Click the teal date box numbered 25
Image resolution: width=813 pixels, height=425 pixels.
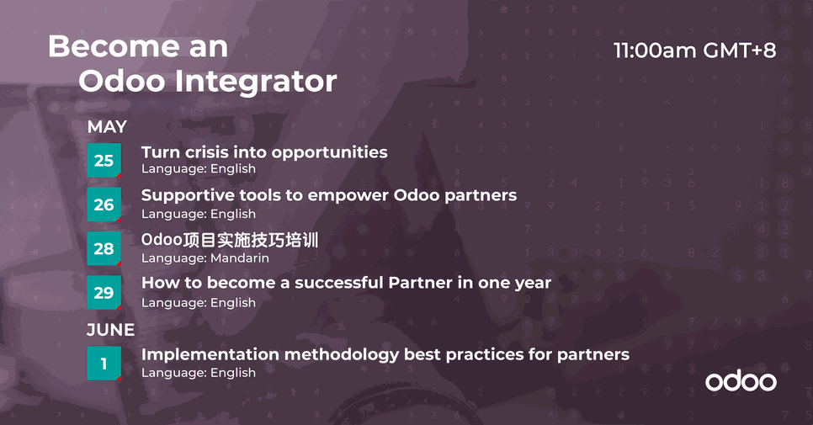[x=104, y=160]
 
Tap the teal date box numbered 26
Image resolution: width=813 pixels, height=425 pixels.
[x=104, y=205]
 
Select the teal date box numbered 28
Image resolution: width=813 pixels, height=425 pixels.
[x=104, y=248]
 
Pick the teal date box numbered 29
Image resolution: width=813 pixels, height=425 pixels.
[x=104, y=292]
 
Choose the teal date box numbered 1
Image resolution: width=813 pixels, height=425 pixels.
[x=104, y=363]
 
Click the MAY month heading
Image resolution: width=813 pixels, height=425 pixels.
[x=107, y=126]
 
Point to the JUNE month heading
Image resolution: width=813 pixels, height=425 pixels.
[x=110, y=330]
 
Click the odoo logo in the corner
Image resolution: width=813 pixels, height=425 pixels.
[x=741, y=381]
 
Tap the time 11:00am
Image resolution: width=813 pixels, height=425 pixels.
[x=656, y=50]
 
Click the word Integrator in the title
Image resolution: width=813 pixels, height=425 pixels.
[x=256, y=82]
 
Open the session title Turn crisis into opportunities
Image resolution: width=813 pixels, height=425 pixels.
[x=264, y=152]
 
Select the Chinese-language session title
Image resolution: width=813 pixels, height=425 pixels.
[x=230, y=240]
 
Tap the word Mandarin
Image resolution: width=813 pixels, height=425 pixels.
[x=239, y=258]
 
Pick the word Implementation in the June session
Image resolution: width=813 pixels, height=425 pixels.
[x=210, y=355]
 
